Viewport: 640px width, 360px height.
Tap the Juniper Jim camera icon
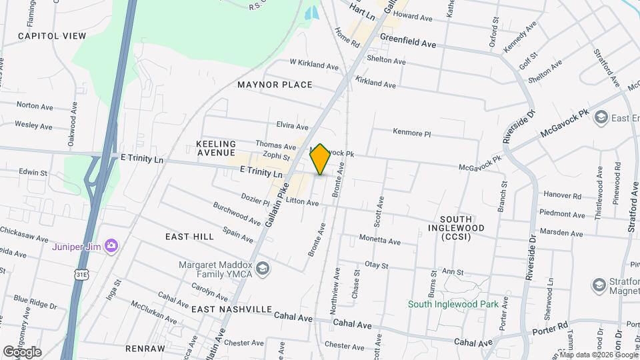111,247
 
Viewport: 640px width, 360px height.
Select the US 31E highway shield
81,274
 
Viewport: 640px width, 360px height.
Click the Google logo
22,352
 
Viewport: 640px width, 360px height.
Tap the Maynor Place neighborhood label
275,85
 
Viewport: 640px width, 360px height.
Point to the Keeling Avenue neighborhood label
216,149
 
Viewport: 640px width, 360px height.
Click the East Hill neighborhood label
190,237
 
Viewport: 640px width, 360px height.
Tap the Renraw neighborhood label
144,349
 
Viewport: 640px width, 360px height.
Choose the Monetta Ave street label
379,241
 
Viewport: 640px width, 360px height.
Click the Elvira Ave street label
292,126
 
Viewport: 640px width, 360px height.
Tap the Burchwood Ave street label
237,212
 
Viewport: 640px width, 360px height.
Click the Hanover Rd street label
563,197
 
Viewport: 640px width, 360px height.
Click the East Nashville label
231,310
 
